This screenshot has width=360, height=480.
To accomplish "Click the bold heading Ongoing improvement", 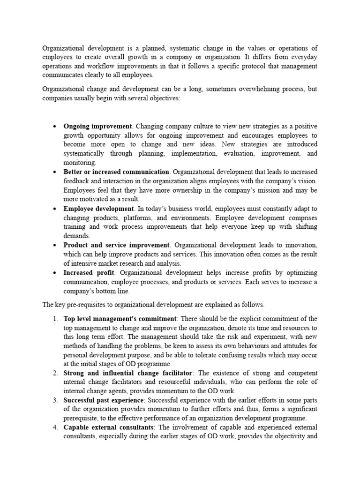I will (98, 127).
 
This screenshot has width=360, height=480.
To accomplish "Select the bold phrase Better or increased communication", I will (116, 172).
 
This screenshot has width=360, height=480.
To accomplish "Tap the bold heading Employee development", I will (98, 209).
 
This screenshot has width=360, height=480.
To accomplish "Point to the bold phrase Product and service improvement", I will (116, 245).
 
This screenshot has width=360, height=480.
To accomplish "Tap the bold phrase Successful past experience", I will (104, 400).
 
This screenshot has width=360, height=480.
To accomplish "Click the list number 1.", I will (55, 319).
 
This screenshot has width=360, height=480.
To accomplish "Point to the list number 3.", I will (55, 400).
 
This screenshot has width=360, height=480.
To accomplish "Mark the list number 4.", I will (55, 427).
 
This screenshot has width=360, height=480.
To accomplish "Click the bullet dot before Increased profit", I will (55, 273).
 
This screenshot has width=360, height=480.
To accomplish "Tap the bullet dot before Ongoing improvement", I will (55, 127).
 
